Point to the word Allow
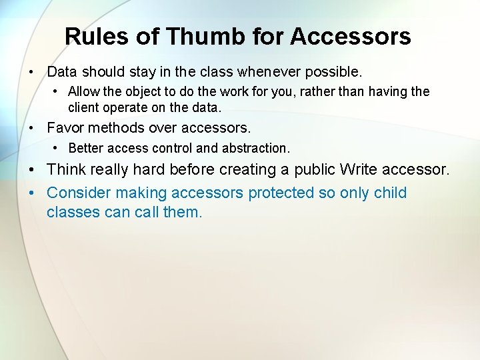84,91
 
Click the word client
85,107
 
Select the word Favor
65,127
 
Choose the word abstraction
254,148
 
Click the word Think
68,170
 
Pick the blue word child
390,193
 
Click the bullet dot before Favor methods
31,128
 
